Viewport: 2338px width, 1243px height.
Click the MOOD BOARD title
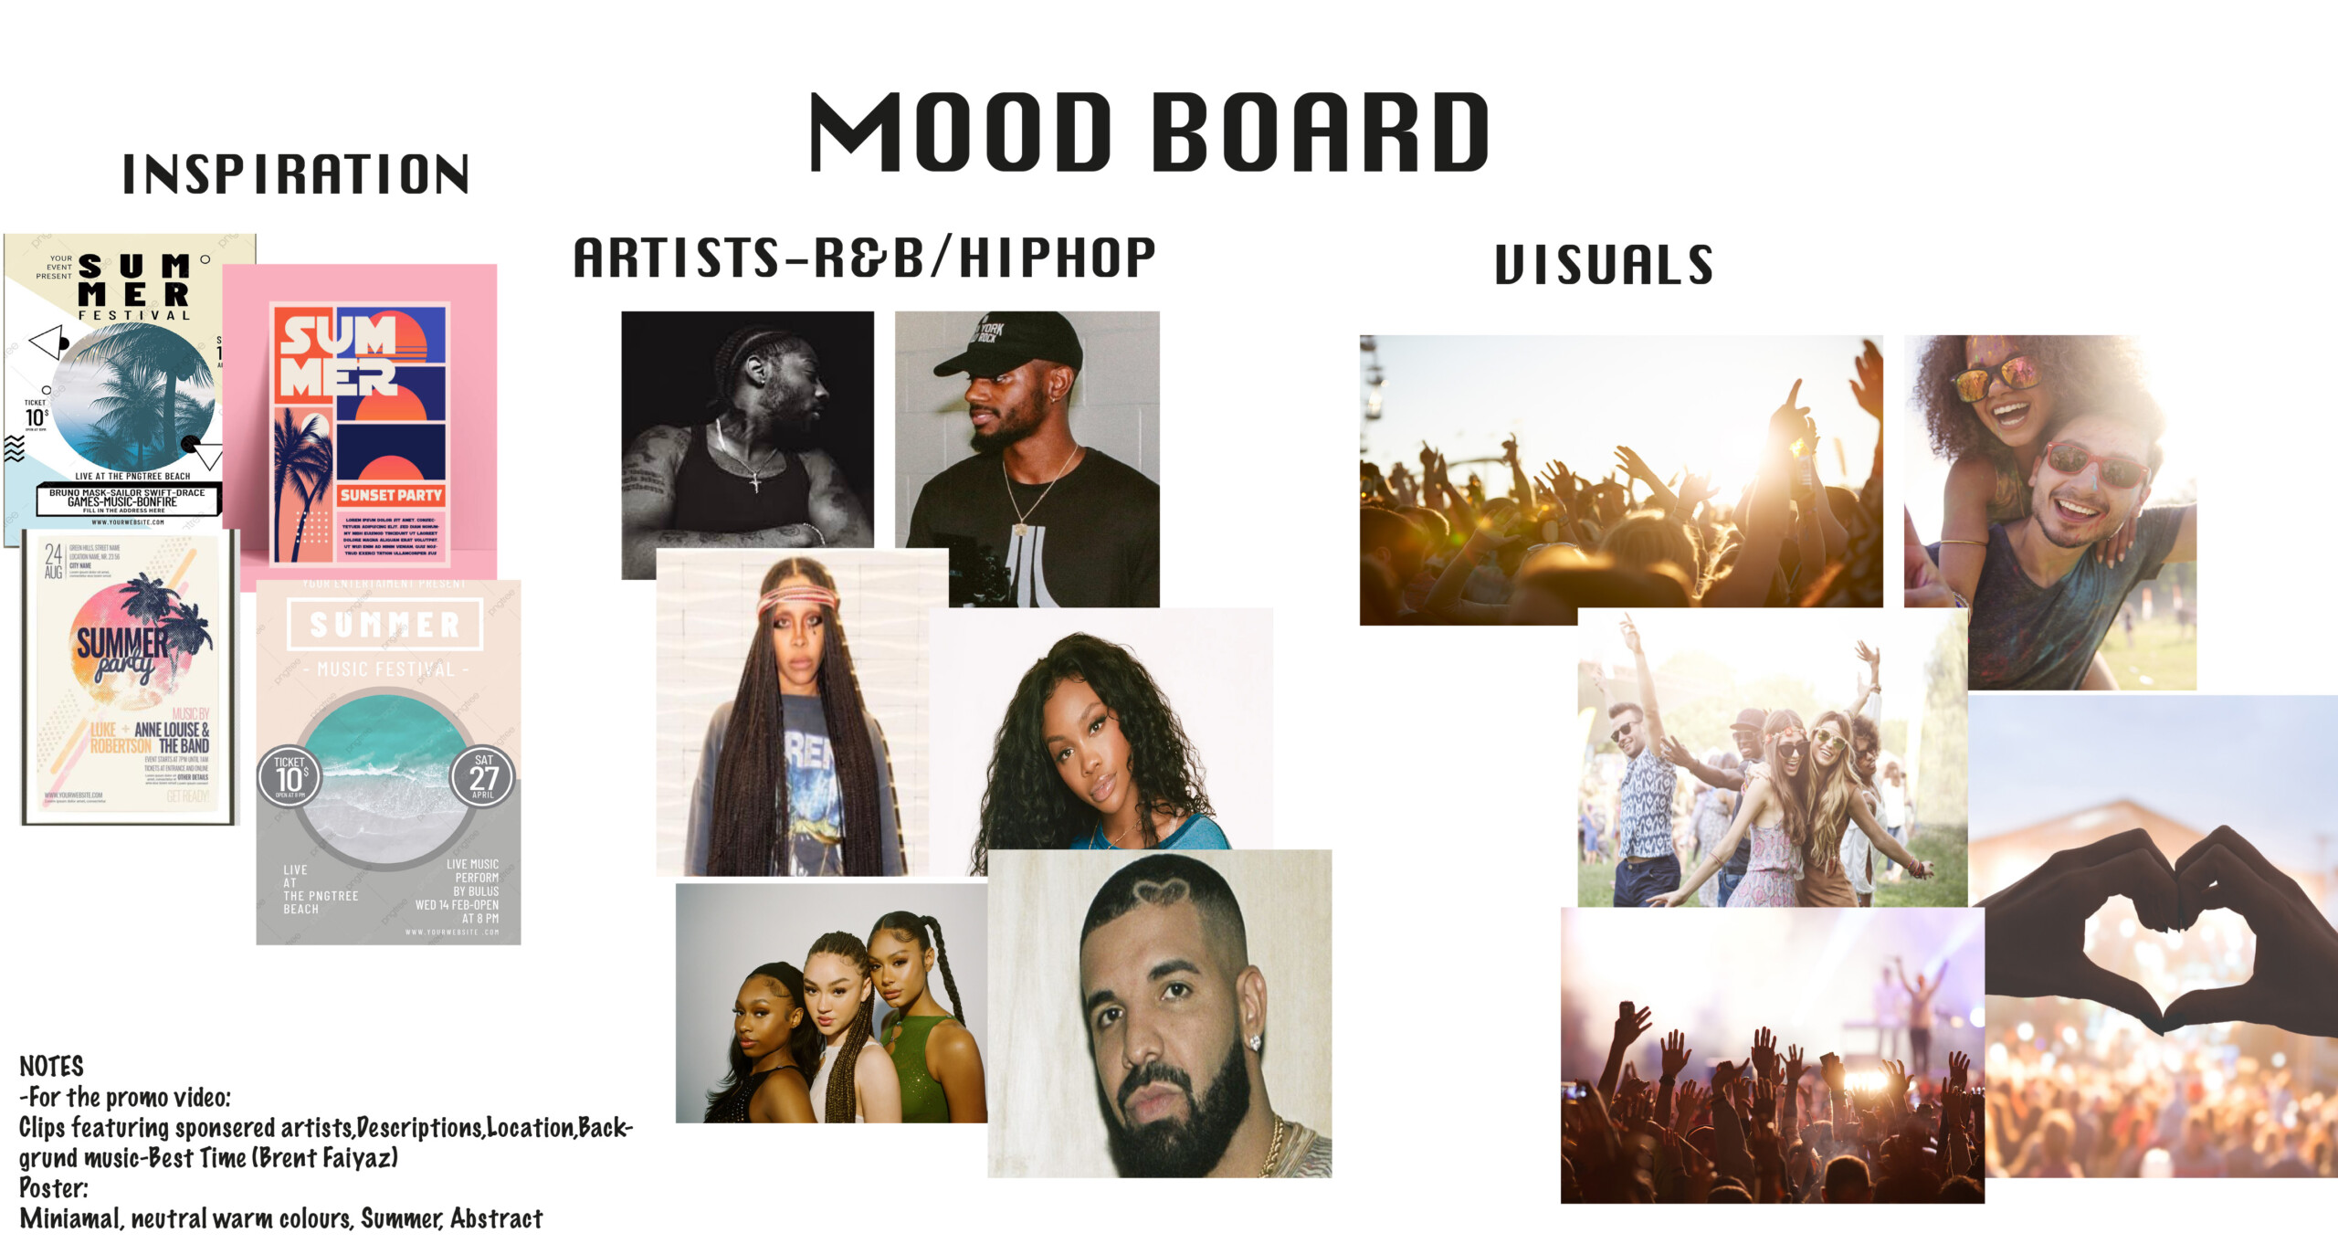[x=1149, y=132]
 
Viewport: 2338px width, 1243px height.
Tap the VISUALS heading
[x=1603, y=265]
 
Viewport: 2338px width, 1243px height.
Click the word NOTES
[x=52, y=1066]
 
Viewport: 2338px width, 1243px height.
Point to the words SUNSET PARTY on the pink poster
[x=391, y=495]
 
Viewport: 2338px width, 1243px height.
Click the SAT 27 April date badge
[x=483, y=776]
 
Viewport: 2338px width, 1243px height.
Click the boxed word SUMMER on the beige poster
[x=384, y=625]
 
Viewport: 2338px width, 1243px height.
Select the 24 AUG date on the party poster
[x=53, y=559]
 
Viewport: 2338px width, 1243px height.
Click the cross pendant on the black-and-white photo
[x=754, y=480]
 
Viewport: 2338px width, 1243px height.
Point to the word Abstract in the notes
[x=497, y=1218]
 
